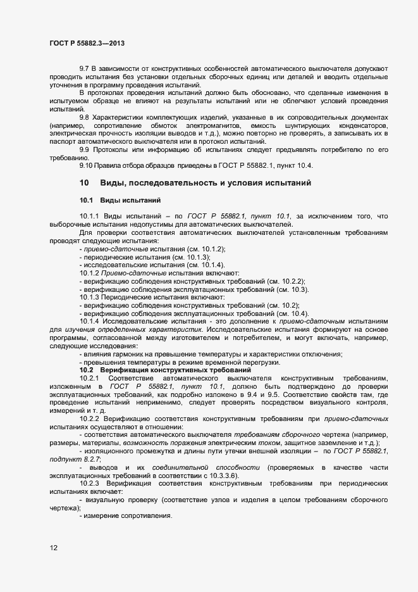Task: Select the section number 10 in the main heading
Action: click(84, 183)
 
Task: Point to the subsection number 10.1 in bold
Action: click(86, 200)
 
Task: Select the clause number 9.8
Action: click(84, 118)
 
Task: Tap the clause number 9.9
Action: click(84, 149)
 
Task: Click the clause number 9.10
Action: click(86, 165)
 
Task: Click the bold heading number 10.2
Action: click(86, 370)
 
